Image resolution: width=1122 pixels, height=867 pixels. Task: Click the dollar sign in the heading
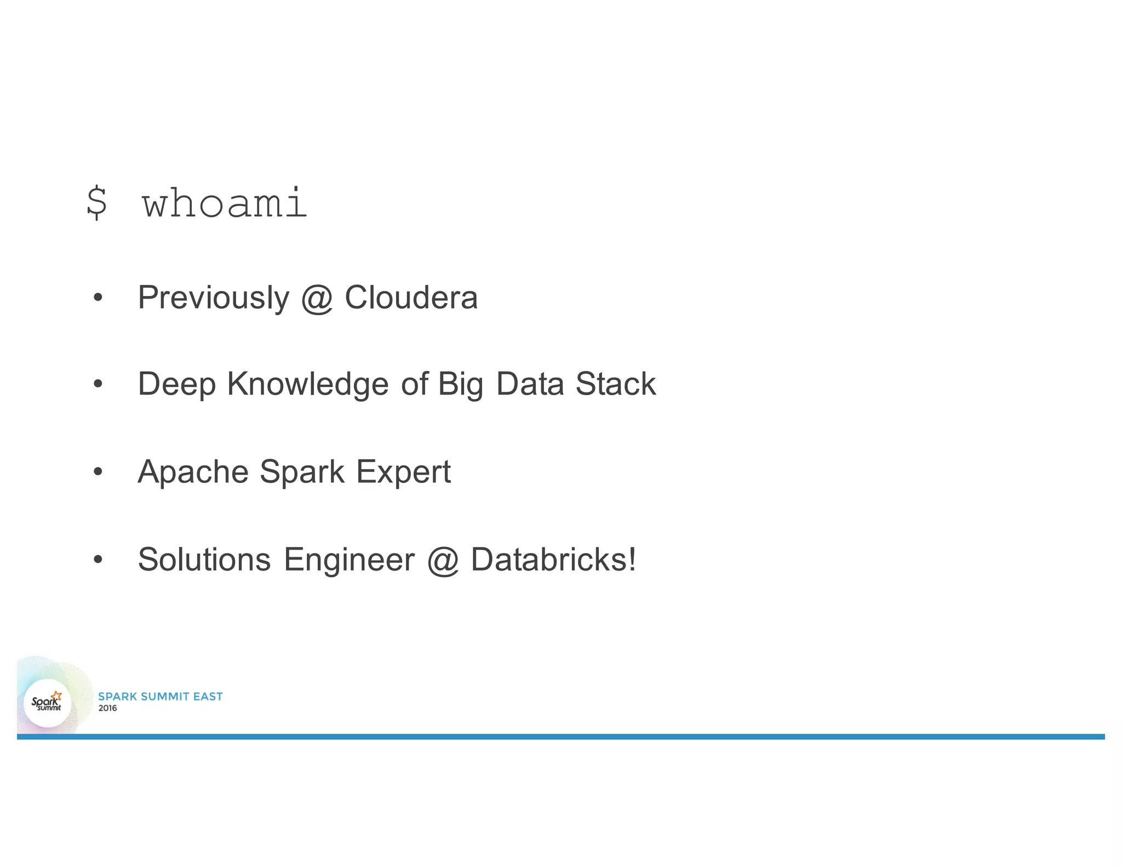pos(97,203)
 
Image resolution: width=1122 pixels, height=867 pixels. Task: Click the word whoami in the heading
pos(225,203)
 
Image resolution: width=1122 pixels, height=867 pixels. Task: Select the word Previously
pos(213,298)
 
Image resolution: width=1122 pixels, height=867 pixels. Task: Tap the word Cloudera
pos(411,298)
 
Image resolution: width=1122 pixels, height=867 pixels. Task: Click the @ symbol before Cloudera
pos(317,299)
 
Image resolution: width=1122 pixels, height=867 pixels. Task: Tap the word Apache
pos(192,472)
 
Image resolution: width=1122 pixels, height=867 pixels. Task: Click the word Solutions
pos(204,560)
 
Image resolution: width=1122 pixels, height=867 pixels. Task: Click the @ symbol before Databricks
pos(443,561)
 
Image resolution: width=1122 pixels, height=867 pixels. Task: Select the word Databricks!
pos(553,560)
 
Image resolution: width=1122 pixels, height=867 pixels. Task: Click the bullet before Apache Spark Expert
pos(98,472)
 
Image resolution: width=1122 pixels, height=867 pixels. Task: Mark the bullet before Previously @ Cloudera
pos(98,298)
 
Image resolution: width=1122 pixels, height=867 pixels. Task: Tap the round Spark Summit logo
pos(48,703)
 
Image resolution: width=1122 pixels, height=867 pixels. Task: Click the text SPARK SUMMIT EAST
pos(160,697)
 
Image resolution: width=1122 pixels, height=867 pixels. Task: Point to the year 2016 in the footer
pos(107,708)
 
